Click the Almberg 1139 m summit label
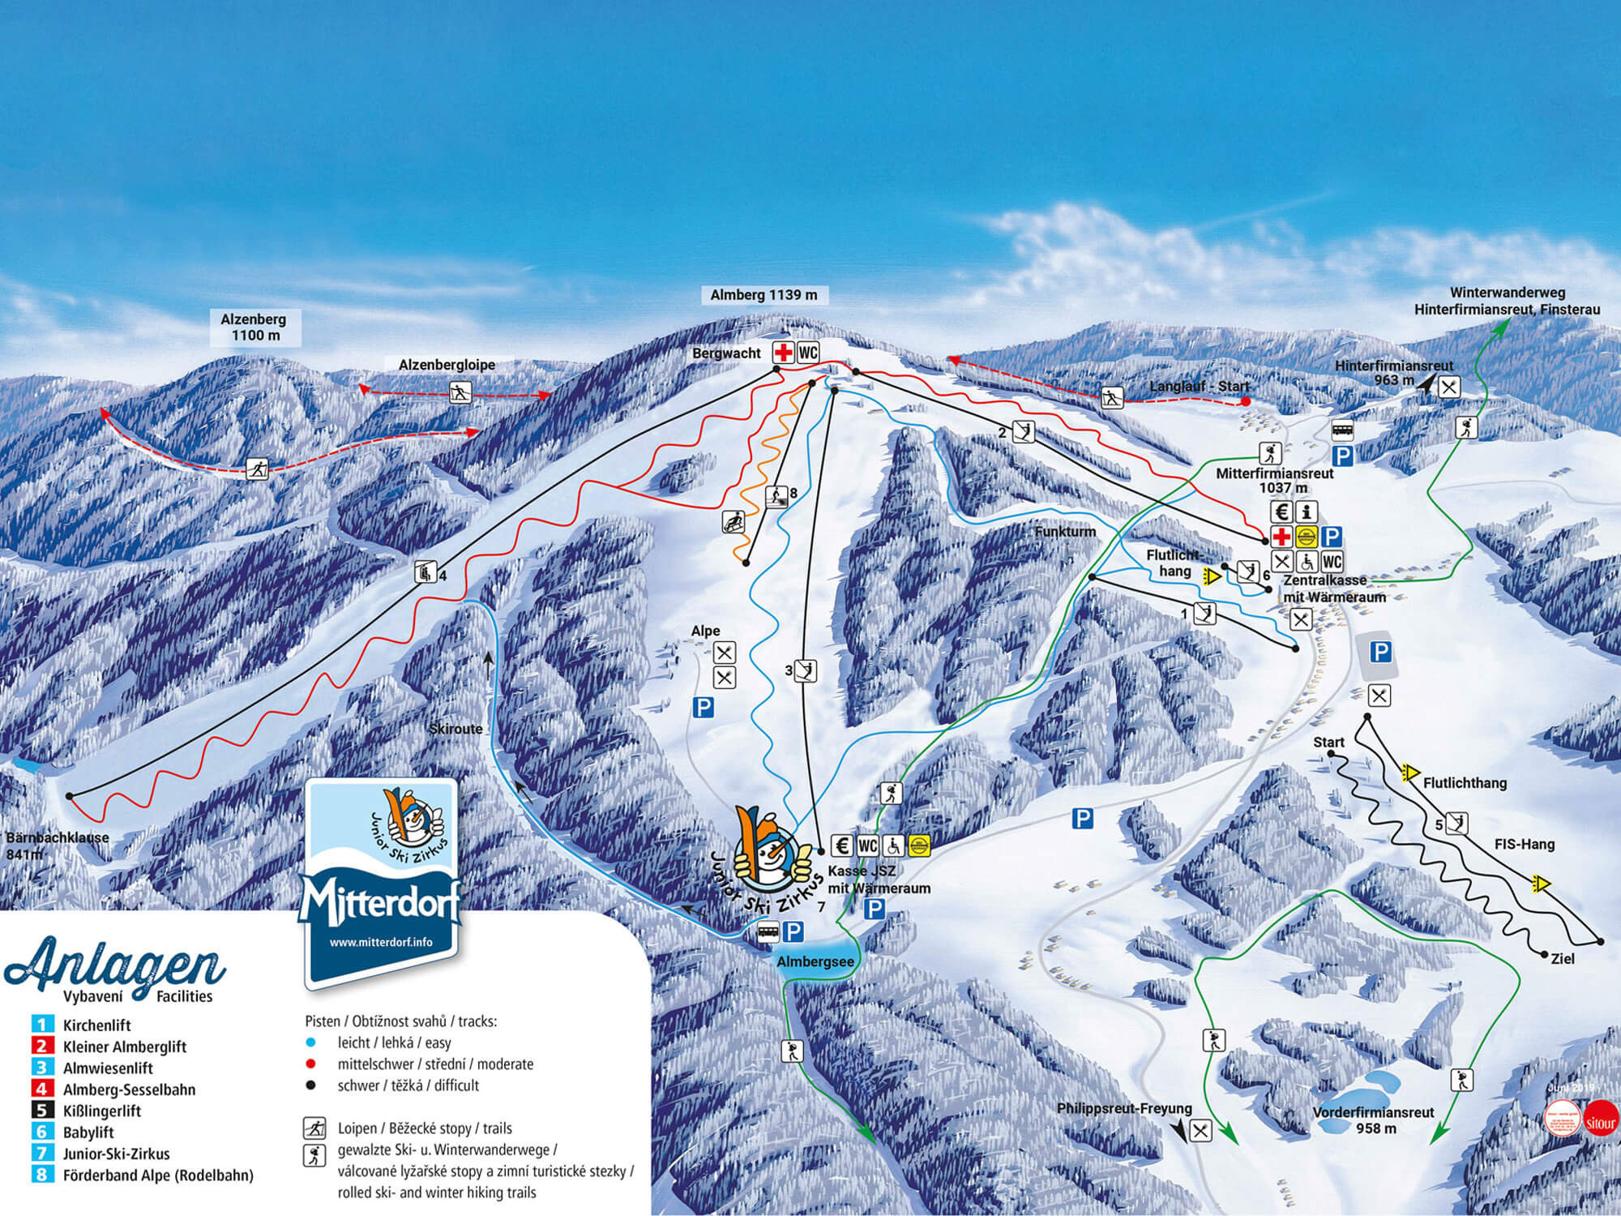(763, 295)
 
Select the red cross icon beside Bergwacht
(783, 353)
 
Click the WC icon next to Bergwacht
(808, 353)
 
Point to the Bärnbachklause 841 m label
(57, 846)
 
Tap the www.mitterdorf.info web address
(380, 942)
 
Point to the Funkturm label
(1065, 532)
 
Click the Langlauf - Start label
(1200, 387)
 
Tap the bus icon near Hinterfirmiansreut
(1342, 429)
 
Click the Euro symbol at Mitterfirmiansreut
(1281, 512)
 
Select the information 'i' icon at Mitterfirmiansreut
(1307, 512)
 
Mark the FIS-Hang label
(1525, 844)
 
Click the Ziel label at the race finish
(1562, 959)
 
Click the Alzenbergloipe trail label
(447, 366)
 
